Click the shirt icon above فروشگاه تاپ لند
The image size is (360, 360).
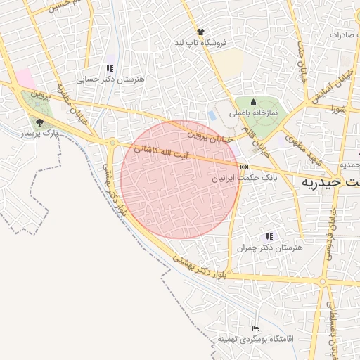201,32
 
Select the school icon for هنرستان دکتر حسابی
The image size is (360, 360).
110,68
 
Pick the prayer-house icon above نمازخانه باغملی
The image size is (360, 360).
253,103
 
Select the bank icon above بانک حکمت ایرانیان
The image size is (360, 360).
244,167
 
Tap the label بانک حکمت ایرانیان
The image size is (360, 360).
240,179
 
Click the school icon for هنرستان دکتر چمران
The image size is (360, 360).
268,237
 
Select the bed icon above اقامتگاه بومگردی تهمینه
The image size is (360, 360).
255,328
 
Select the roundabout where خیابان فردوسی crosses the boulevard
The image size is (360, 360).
112,143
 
